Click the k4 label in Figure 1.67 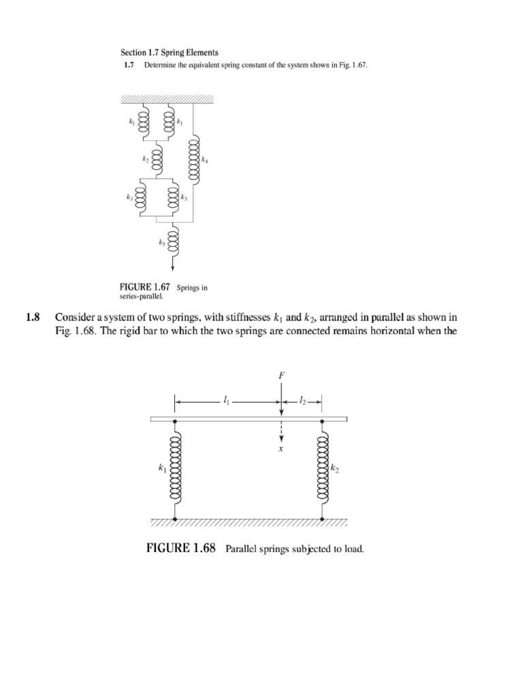(x=205, y=160)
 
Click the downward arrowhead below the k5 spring (x=173, y=267)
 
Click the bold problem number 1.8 (x=33, y=317)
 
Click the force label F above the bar (x=281, y=376)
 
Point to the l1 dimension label (x=226, y=401)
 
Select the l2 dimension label (x=302, y=401)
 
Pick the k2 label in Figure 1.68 (x=334, y=469)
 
